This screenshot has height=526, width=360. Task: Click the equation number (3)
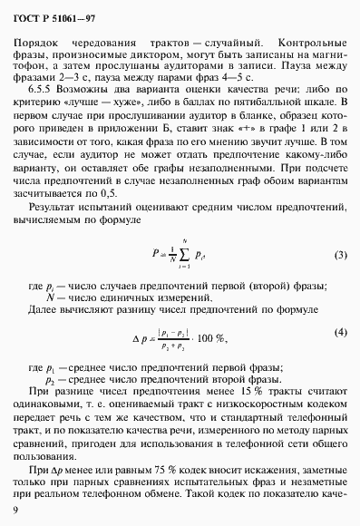tap(340, 255)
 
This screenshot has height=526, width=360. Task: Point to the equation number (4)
tap(340, 332)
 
